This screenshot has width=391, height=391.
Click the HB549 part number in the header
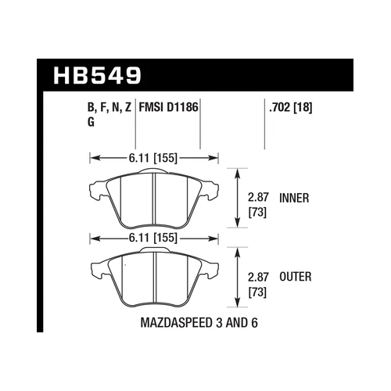pyautogui.click(x=97, y=76)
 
